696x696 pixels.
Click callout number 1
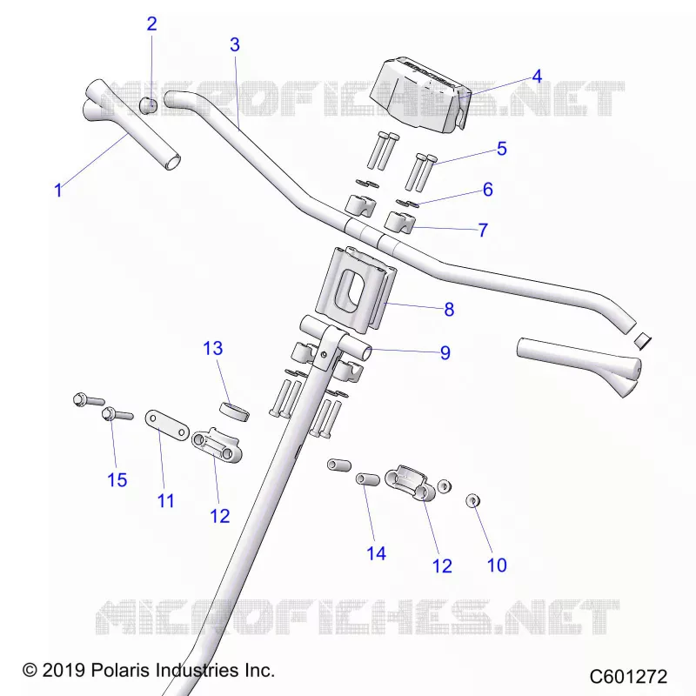tap(58, 191)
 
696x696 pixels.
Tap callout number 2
tap(151, 24)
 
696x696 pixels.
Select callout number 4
tap(537, 77)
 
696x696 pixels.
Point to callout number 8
tap(449, 310)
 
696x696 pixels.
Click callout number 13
tap(212, 349)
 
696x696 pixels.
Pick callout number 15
tap(117, 480)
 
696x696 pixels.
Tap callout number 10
tap(497, 565)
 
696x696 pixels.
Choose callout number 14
tap(377, 553)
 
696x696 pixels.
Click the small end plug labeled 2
tap(149, 105)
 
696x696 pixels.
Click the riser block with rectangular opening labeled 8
tap(355, 289)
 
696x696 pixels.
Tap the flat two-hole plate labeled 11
tap(167, 425)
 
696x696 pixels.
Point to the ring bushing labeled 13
tap(235, 411)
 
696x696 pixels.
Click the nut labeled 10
tap(473, 501)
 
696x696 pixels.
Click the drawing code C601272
tap(628, 677)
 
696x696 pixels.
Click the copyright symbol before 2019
tap(30, 670)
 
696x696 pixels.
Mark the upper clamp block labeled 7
tap(398, 222)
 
